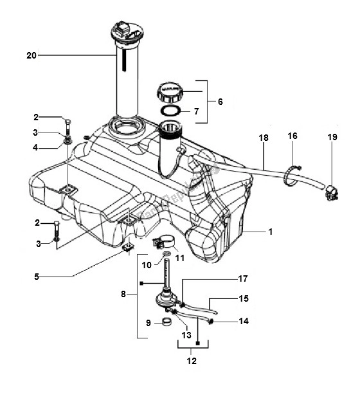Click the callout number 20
tap(31, 55)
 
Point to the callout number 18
tap(264, 138)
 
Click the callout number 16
tap(292, 137)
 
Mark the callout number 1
tap(271, 231)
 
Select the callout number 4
tap(37, 147)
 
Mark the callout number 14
tap(244, 321)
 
